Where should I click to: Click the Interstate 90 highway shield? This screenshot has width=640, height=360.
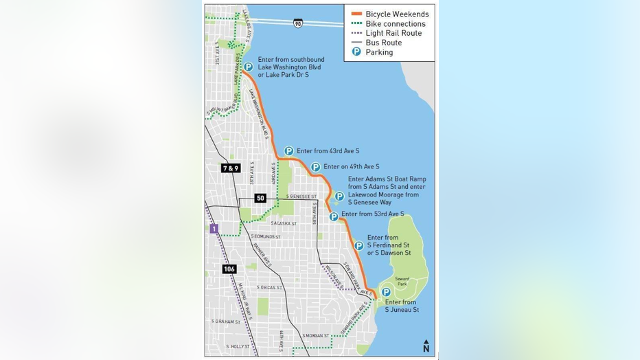[x=297, y=23]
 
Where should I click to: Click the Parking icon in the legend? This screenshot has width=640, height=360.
[x=356, y=52]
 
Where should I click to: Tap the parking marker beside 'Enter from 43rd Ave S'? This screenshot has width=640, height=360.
[x=288, y=151]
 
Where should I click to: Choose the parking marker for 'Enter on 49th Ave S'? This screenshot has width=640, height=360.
[x=315, y=167]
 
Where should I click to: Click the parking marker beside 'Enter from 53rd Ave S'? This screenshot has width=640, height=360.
[x=334, y=216]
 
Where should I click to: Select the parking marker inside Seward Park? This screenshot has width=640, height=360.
[x=386, y=292]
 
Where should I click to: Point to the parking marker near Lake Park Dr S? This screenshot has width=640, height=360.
[x=248, y=67]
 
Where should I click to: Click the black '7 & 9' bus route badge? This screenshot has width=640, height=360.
[x=230, y=168]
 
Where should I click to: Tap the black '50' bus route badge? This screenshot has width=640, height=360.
[x=260, y=198]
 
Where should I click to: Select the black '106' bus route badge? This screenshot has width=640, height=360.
[x=229, y=269]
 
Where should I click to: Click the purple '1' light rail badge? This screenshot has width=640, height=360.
[x=214, y=229]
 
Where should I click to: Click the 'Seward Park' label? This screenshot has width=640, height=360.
[x=402, y=281]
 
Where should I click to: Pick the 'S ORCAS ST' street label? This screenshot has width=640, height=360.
[x=269, y=287]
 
